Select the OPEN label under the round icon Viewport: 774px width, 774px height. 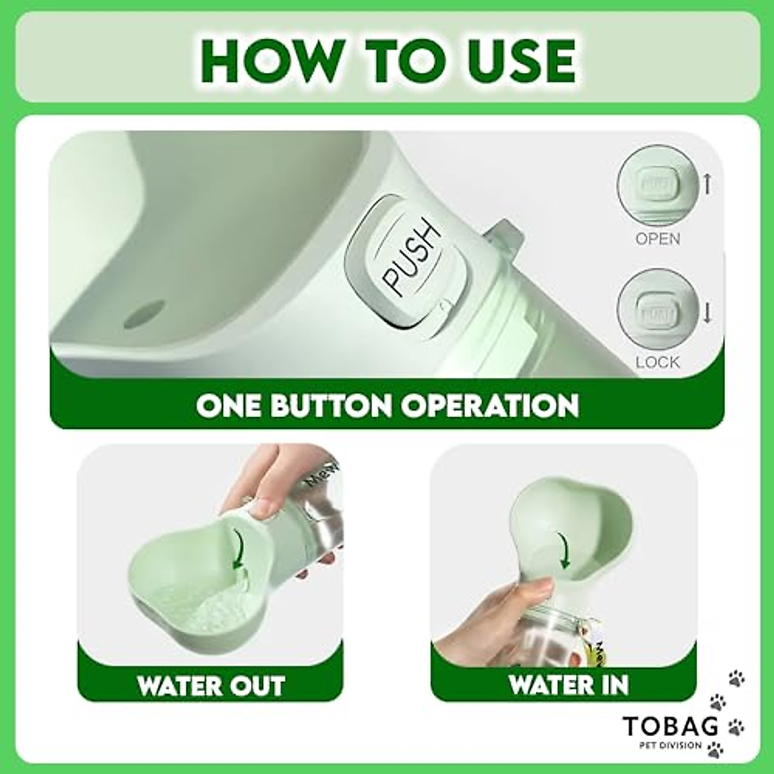657,239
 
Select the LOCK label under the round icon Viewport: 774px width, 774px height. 657,362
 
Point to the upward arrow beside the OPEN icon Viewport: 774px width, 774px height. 707,185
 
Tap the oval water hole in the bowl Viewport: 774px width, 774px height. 141,313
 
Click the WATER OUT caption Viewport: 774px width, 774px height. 210,685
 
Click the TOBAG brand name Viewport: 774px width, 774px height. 671,727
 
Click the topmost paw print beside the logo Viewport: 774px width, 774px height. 736,677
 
